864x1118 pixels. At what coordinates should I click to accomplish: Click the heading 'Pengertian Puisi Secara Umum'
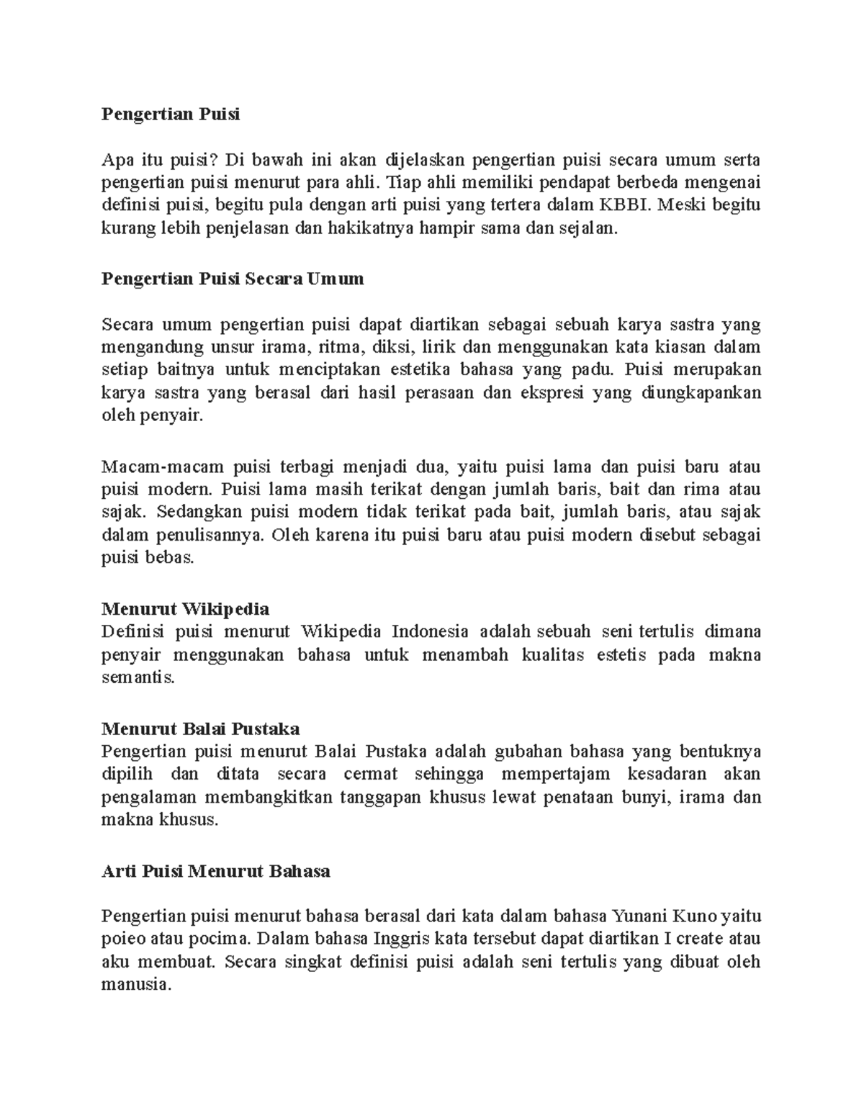point(233,279)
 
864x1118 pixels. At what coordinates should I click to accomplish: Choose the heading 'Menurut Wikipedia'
point(186,609)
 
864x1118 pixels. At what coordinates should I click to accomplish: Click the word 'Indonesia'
point(429,632)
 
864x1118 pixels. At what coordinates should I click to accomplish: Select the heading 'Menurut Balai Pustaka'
point(201,729)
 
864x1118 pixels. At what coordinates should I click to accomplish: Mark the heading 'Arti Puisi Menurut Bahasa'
point(216,871)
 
